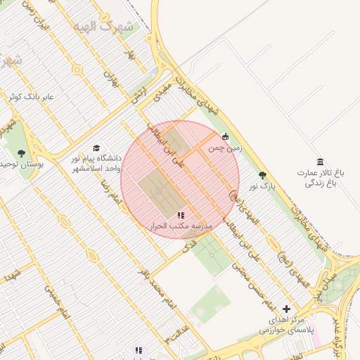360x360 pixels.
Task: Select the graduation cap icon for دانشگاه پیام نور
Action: [96, 148]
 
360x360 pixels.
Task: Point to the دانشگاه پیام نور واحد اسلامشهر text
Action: [96, 164]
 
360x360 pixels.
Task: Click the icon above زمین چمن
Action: [225, 137]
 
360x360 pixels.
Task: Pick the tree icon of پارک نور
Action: [263, 175]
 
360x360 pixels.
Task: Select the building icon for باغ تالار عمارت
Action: [321, 162]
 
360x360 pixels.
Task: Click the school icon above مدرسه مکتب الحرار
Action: [181, 215]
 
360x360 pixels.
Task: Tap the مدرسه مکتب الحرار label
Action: [181, 227]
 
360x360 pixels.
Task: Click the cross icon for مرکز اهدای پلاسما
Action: [286, 309]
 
